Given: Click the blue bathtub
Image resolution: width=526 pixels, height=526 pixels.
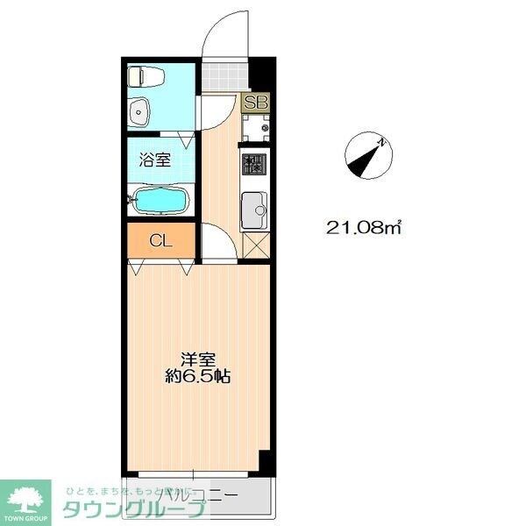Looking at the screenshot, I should [160, 201].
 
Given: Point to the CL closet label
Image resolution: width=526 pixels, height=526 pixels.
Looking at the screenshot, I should [159, 239].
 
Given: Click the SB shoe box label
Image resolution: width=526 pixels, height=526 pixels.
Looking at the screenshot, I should [256, 103].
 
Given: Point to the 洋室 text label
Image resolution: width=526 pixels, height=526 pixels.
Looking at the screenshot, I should [199, 359].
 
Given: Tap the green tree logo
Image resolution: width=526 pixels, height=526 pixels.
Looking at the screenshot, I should [28, 497].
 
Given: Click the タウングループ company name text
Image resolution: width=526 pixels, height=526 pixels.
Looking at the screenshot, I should [131, 509].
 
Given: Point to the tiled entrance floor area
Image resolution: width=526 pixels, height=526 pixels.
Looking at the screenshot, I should [221, 76].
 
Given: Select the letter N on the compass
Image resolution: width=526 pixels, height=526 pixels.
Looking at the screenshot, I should [382, 140].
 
